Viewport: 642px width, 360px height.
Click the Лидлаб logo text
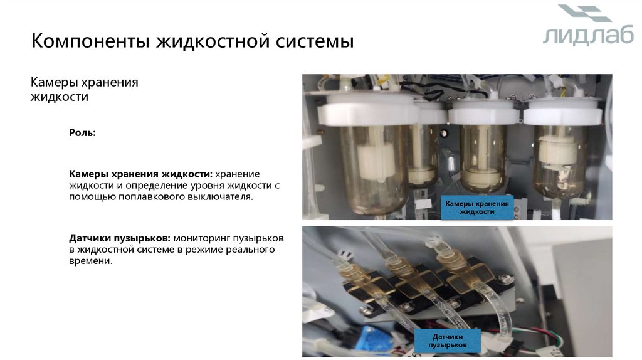(588, 36)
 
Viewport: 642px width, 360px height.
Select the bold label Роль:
(82, 133)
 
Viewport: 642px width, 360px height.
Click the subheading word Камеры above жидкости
(56, 82)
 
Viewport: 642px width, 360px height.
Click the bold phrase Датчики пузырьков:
(120, 238)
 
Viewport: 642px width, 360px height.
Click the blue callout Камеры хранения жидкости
(477, 207)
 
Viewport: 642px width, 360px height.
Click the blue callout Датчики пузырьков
(448, 341)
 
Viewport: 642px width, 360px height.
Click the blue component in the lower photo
(375, 339)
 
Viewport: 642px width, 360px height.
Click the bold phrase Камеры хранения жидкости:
(140, 174)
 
